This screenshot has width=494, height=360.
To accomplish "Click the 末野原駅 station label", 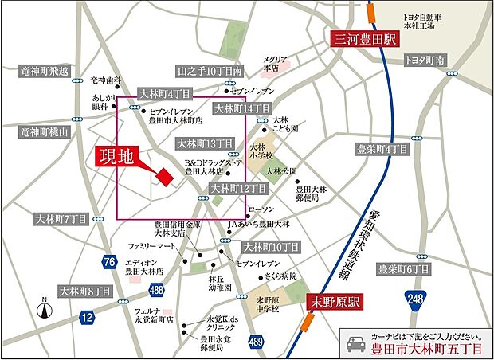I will pyautogui.click(x=333, y=302).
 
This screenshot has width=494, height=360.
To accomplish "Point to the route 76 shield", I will pyautogui.click(x=109, y=262).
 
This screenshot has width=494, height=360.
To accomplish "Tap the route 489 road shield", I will pyautogui.click(x=254, y=341).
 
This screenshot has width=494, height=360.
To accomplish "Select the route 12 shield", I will pyautogui.click(x=86, y=317).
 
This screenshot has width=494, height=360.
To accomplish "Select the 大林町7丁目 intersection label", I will pyautogui.click(x=61, y=218).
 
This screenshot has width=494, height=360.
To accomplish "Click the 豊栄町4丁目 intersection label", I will pyautogui.click(x=382, y=149).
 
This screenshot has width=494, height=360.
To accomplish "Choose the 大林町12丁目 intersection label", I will pyautogui.click(x=237, y=189).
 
